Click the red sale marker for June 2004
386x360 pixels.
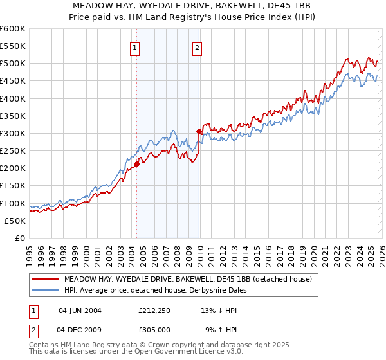(136, 164)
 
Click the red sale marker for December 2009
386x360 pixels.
(199, 132)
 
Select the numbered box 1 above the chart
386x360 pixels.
(135, 47)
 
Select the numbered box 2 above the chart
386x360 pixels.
(197, 47)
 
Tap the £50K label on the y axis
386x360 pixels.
(15, 221)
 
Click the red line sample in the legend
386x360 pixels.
(45, 279)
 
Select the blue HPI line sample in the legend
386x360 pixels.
(45, 290)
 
